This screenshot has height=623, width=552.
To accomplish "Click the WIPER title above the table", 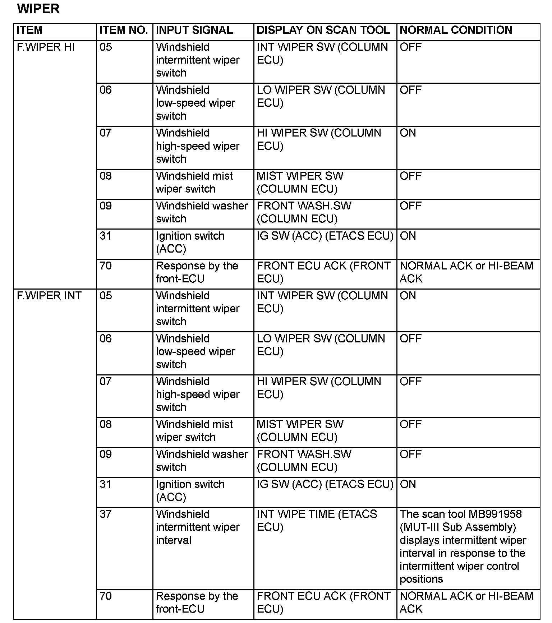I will point(38,9).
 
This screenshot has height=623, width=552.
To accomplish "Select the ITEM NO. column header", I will point(124,30).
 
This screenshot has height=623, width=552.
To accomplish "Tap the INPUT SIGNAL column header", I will point(194,30).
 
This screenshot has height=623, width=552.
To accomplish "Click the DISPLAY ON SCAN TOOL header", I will point(323,30).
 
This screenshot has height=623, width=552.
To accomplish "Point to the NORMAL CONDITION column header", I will point(456,30).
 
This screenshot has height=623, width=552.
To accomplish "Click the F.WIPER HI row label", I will point(46,47).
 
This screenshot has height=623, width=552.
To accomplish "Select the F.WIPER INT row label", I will point(49,296).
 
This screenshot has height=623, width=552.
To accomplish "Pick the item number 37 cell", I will point(106,514).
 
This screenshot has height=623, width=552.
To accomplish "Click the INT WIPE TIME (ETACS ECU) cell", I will point(317,521).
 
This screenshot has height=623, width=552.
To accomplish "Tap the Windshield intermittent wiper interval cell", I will point(197,527).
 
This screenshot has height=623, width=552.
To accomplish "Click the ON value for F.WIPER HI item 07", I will point(408,133).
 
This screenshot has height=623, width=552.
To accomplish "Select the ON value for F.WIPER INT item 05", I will point(408,296).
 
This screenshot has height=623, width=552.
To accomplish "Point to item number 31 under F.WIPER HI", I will point(106,236).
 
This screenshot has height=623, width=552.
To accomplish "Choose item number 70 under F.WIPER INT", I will point(106,596).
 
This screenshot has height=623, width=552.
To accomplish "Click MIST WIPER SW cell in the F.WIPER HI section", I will point(300,183).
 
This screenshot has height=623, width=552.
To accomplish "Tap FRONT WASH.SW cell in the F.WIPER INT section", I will point(304,461).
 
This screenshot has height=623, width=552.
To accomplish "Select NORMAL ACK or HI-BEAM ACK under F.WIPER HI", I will point(466,272).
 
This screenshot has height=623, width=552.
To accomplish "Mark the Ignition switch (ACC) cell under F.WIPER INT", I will point(190,491).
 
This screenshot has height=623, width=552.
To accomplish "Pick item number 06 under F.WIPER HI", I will point(106,90).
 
